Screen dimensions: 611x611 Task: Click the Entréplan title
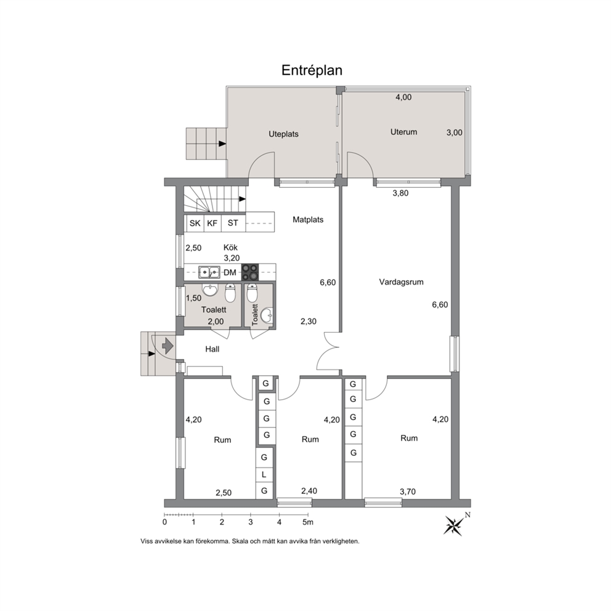(x=312, y=71)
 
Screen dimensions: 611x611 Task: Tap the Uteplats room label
(x=283, y=134)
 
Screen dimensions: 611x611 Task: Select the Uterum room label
(x=403, y=132)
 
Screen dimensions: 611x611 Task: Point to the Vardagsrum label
(x=401, y=282)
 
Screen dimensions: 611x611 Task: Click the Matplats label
(x=308, y=220)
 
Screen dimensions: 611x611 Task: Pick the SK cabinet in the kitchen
(x=195, y=224)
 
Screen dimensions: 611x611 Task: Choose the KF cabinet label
(x=212, y=224)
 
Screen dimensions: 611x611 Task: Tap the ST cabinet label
(x=233, y=223)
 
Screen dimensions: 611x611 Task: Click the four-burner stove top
(x=250, y=272)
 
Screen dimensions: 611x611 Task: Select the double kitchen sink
(x=209, y=272)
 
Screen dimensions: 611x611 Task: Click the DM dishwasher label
(x=230, y=272)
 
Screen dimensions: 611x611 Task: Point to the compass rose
(x=454, y=525)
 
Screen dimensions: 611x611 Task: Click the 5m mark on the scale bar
(x=308, y=522)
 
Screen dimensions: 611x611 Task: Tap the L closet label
(x=264, y=475)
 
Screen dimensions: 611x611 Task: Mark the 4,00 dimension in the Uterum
(x=403, y=97)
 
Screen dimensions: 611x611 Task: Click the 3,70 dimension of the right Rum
(x=408, y=492)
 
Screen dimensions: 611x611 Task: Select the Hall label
(x=212, y=349)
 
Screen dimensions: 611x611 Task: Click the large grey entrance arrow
(x=168, y=346)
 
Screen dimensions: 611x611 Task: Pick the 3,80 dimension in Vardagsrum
(x=400, y=193)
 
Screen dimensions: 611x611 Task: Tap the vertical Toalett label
(x=255, y=315)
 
